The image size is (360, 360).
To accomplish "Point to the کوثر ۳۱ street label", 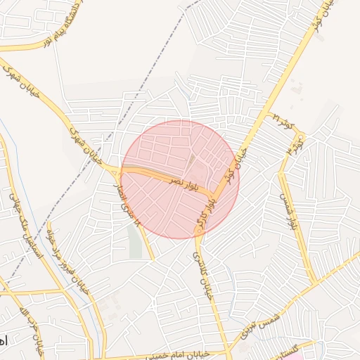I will [x=283, y=121].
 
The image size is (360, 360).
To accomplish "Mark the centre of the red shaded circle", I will [x=180, y=179].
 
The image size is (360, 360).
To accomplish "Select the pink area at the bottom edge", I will [x=295, y=353].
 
